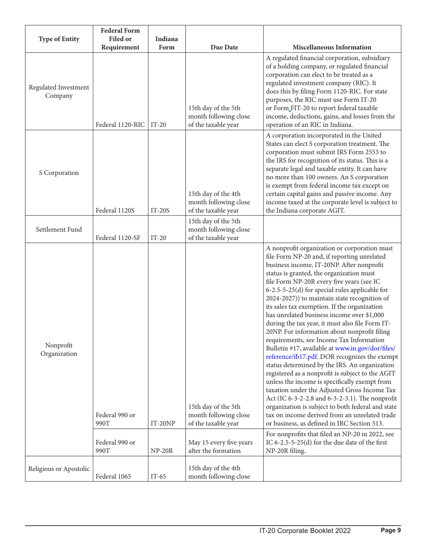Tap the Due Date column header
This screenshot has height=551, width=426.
click(x=219, y=46)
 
